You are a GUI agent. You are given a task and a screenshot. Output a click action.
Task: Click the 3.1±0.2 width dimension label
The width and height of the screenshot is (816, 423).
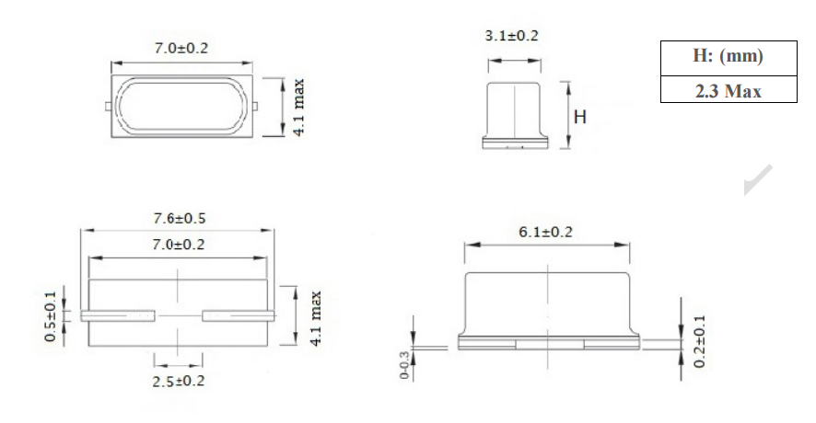[x=511, y=36]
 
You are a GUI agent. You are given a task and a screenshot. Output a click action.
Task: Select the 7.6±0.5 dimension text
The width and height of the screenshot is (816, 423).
[x=180, y=218]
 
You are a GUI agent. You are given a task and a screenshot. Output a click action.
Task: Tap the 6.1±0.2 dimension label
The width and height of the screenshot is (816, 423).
[x=545, y=232]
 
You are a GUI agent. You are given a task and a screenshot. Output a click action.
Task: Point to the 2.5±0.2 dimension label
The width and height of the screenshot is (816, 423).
[x=179, y=382]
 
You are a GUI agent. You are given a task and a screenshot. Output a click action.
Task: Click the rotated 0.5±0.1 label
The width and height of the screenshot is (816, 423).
[x=51, y=316]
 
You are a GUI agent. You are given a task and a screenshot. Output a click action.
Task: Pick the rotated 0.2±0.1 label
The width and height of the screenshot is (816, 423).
[x=700, y=341]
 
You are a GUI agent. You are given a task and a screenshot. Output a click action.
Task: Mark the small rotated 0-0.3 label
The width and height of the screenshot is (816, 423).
[x=404, y=365]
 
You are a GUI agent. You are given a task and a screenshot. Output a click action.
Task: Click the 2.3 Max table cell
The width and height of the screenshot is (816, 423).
[x=729, y=90]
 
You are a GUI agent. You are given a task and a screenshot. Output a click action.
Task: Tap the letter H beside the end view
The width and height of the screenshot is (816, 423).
[x=580, y=117]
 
